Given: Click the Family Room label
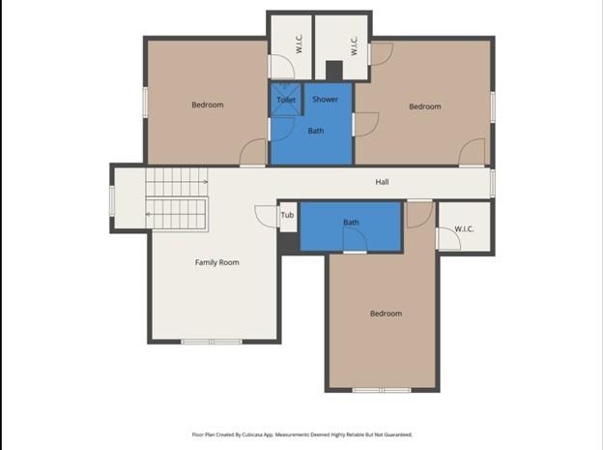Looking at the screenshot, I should coord(216,262).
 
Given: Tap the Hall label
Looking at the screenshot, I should coord(382,182).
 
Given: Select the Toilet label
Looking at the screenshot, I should coord(286,100).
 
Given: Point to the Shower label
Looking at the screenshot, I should coord(325,100).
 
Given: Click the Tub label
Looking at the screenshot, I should coord(287,215).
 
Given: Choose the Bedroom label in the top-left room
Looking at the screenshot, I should coord(207,105).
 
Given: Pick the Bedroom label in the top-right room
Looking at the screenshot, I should coord(424,106).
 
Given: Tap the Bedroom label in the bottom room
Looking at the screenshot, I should coord(386,314).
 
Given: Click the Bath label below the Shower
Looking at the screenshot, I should coord(316,131).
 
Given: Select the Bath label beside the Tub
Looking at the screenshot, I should coord(351,223).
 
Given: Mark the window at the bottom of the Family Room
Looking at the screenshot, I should coord(212,342).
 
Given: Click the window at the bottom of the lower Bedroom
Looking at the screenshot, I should coord(382,390).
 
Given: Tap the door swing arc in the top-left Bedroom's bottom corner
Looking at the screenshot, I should coord(253,153).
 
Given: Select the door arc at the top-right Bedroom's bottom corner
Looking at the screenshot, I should coord(473,153).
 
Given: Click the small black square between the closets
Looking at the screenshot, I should coord(333,71).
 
